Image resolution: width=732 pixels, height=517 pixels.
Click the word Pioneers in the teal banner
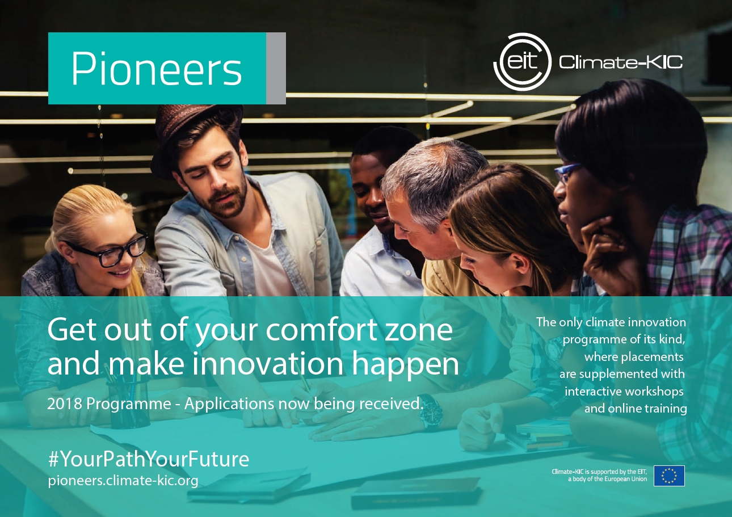157,69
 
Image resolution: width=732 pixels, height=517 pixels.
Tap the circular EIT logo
522,62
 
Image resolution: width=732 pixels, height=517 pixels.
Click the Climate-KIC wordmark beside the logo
621,62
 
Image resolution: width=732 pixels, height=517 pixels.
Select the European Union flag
669,476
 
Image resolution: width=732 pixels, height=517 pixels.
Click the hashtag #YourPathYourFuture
149,459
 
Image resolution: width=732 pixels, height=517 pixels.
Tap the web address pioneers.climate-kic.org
123,481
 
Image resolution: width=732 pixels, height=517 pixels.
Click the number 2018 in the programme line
64,404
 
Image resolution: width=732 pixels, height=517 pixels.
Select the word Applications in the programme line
229,405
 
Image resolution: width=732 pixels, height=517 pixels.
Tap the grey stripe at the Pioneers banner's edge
276,68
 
